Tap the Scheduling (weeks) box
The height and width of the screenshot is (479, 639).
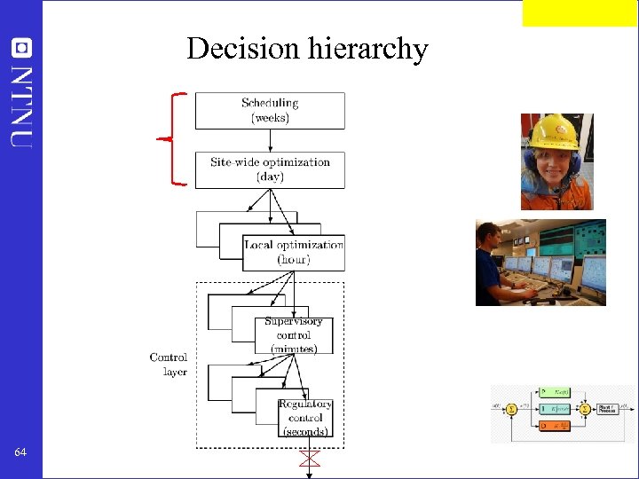pos(270,110)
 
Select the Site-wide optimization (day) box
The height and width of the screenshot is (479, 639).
pos(270,169)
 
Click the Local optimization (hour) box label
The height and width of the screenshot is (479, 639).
pos(293,252)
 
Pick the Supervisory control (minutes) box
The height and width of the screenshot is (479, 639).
pos(293,335)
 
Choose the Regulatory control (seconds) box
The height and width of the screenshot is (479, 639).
pos(305,417)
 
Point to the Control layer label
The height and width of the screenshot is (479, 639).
pos(169,365)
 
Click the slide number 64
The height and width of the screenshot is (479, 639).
pos(20,453)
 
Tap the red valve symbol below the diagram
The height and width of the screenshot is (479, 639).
pos(309,459)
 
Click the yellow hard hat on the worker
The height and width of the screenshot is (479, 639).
pos(553,131)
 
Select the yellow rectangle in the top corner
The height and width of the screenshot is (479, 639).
pos(579,12)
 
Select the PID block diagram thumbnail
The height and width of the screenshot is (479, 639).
pos(564,413)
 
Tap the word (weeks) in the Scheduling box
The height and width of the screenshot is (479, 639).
pos(270,118)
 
